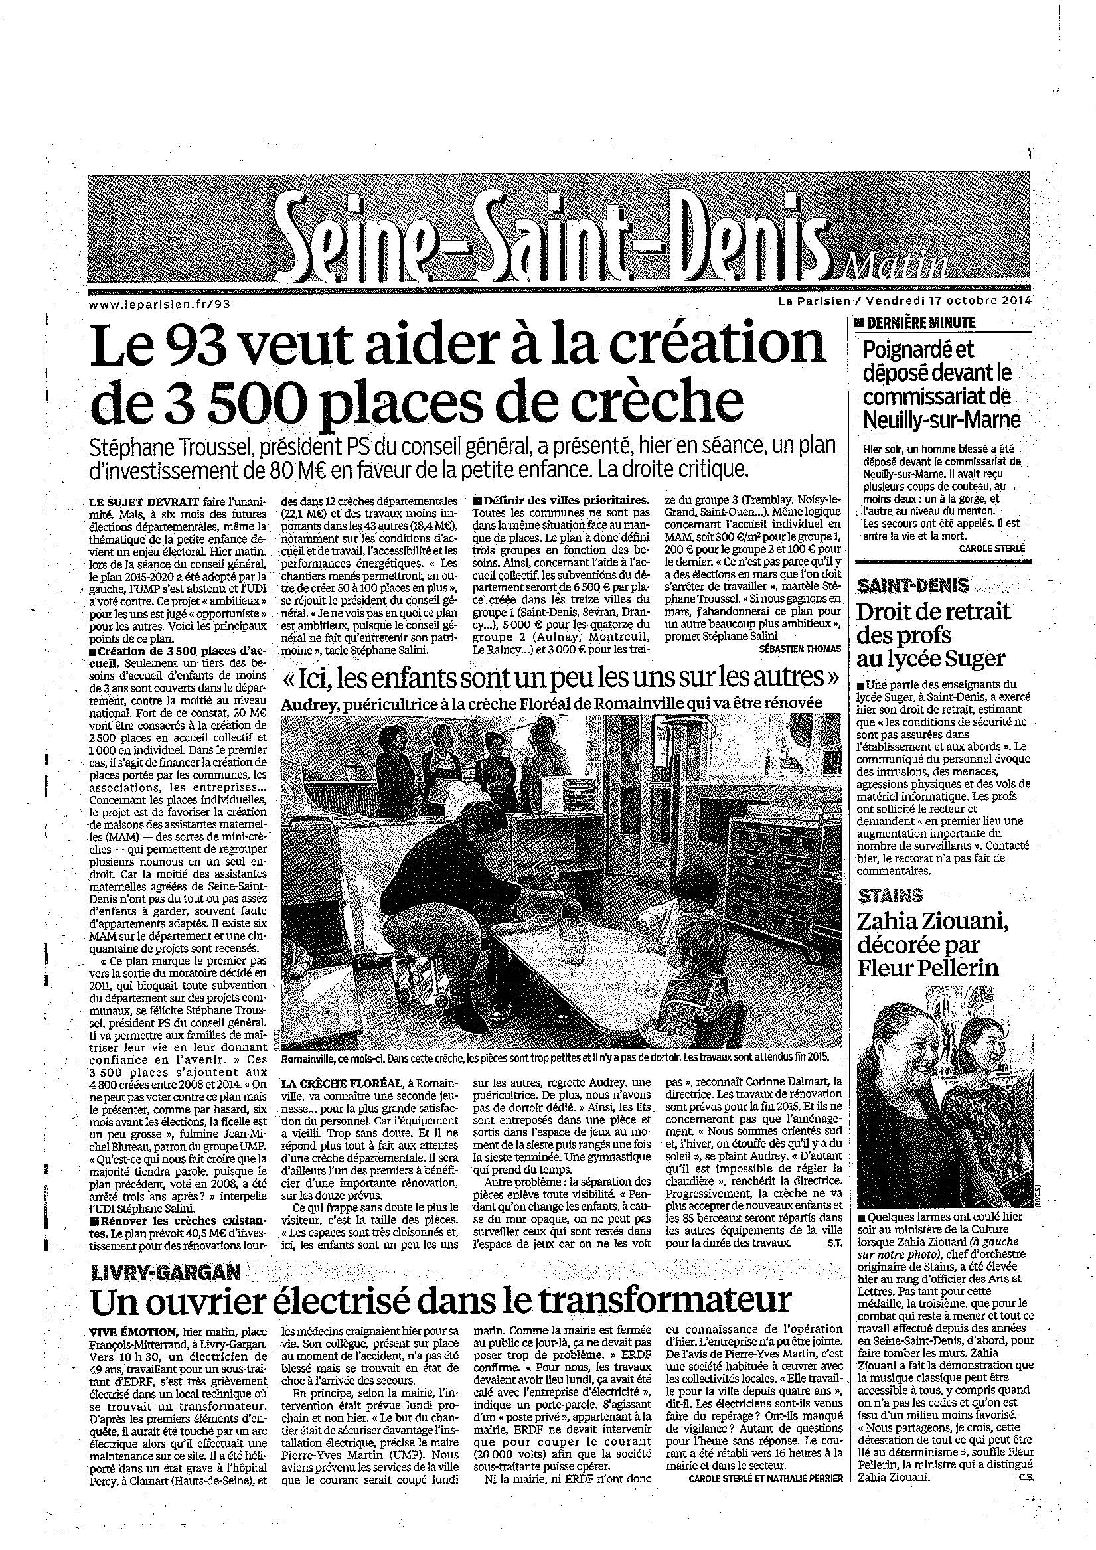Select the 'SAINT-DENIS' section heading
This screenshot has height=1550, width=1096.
click(904, 586)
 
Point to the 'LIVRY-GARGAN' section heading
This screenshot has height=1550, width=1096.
click(166, 1274)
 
